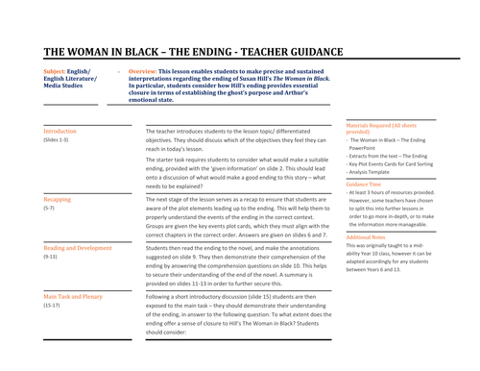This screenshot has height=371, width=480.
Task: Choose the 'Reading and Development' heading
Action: [x=78, y=247]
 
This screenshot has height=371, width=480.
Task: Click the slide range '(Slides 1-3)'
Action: [x=56, y=139]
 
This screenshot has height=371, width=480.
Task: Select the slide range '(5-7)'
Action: [x=49, y=207]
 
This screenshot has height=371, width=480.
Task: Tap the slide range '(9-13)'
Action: [x=51, y=257]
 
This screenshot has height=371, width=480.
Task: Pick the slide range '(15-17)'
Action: [x=52, y=307]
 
